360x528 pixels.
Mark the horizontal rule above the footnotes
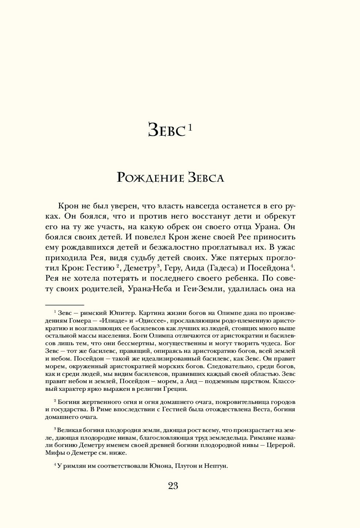click(x=65, y=305)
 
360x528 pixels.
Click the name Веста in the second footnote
click(x=261, y=409)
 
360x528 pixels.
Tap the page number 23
click(x=173, y=486)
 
